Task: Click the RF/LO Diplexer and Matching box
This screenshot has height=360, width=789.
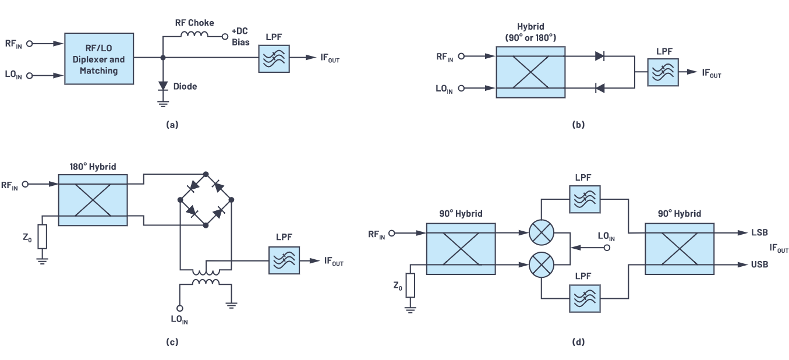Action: click(99, 59)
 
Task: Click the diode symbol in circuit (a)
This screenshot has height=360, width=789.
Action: click(163, 86)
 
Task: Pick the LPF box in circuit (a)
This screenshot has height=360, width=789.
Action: click(274, 58)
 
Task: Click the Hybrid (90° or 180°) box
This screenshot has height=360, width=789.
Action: click(530, 72)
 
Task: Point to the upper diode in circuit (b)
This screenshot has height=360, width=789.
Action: click(600, 57)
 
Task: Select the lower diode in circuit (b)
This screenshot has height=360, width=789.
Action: click(600, 89)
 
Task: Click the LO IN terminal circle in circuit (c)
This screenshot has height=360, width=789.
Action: click(180, 308)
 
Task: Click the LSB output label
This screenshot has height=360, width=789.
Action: click(760, 232)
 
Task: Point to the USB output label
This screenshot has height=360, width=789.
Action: click(760, 264)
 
